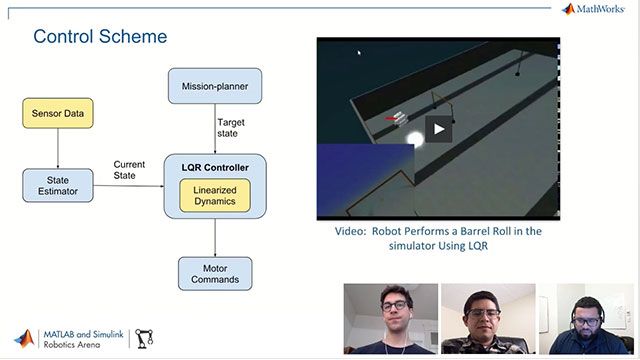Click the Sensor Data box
click(57, 116)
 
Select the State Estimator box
click(57, 185)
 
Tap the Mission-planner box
click(214, 86)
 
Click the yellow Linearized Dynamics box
click(214, 196)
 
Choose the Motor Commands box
click(214, 273)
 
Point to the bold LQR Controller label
click(214, 165)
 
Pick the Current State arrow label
click(130, 171)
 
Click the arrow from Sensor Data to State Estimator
click(57, 150)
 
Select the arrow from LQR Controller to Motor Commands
click(214, 237)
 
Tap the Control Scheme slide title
click(100, 37)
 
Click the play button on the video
click(438, 127)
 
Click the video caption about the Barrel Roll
click(438, 238)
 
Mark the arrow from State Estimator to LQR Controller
click(130, 186)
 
